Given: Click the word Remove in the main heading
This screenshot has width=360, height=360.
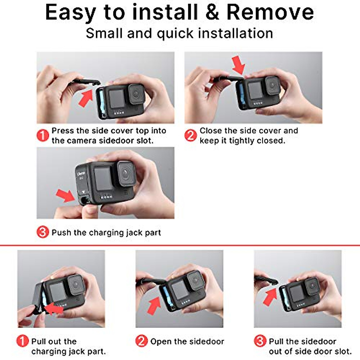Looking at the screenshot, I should [270, 13].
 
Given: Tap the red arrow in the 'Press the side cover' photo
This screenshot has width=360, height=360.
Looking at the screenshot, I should [86, 97].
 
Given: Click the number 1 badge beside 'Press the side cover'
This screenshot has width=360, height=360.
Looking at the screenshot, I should [43, 135].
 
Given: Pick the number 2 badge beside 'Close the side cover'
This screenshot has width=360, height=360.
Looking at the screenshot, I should [190, 135].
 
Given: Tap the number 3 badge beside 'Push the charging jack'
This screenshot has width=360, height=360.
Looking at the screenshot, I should [43, 232].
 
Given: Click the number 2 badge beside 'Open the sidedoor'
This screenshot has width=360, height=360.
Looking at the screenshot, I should [141, 341].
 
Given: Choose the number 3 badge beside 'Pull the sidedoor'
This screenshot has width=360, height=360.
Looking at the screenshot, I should [260, 341].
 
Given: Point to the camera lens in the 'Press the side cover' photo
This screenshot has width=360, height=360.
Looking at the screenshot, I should [136, 94].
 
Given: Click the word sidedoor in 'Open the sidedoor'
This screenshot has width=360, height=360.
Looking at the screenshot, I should [207, 341].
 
